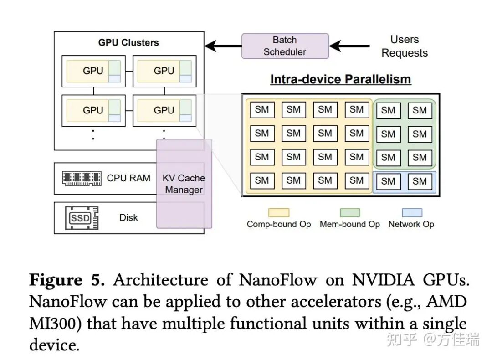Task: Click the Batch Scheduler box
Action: point(285,46)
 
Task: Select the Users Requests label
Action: point(405,46)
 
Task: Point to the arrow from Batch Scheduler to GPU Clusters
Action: point(223,46)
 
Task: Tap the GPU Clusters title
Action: point(128,43)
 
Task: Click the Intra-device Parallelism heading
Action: point(340,79)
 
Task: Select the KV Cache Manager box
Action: point(184,184)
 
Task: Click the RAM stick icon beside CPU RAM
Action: point(82,178)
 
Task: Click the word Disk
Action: point(128,218)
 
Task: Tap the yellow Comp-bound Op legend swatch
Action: point(279,213)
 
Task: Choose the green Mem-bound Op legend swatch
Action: point(349,213)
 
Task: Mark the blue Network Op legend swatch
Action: point(411,213)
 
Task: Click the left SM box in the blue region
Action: point(388,181)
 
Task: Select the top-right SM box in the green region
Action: point(420,110)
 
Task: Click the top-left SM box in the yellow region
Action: point(262,110)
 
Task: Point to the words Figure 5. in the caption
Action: point(67,280)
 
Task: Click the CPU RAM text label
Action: point(128,178)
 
